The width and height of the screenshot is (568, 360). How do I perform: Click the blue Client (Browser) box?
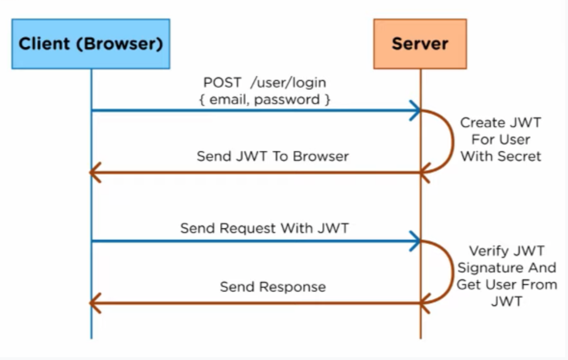click(91, 44)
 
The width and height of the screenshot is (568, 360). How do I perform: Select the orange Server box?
click(420, 44)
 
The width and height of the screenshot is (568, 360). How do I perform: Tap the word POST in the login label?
click(222, 83)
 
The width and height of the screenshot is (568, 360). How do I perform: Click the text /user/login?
click(288, 83)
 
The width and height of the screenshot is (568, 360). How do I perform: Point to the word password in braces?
click(287, 100)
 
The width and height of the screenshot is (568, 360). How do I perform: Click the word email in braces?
click(229, 100)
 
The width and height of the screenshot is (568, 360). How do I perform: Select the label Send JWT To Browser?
click(273, 156)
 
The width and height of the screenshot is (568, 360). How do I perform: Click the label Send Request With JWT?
click(264, 228)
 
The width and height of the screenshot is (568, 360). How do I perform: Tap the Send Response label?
click(273, 287)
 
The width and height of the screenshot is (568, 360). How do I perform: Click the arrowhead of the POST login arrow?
click(415, 110)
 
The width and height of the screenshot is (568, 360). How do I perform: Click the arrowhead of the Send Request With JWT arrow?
click(415, 241)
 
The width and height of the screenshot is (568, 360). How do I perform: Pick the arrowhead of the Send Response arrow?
click(95, 303)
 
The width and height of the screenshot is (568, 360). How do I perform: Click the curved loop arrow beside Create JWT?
click(452, 141)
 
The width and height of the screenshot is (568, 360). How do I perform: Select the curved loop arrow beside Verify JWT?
click(452, 271)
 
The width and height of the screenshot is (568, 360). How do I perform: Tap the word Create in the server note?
click(480, 123)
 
